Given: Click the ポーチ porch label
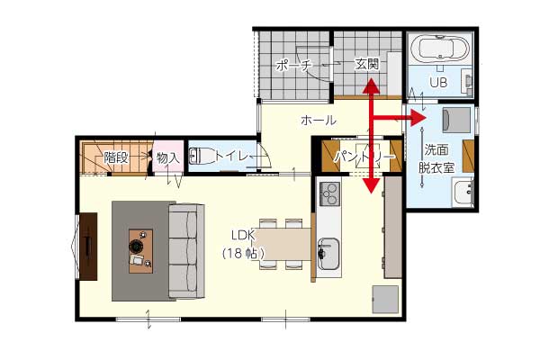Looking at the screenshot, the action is [294, 65].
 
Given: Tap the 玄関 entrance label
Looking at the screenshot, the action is [367, 64].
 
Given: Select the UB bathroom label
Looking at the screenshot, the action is [438, 82].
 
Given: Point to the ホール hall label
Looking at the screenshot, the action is [319, 121].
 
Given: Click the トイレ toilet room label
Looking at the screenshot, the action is [232, 157].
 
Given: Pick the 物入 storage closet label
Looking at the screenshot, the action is [168, 158].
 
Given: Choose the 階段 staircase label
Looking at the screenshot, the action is [116, 157].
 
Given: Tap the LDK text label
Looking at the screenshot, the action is [243, 235].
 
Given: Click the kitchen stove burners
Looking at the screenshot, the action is [329, 194].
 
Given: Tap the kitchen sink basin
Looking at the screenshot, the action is [328, 254].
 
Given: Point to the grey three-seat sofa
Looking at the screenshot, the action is [186, 251].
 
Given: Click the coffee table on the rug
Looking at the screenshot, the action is [141, 251].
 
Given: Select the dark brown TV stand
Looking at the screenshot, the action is [88, 247].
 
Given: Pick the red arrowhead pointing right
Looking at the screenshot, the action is [419, 118].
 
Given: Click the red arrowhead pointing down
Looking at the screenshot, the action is [371, 185].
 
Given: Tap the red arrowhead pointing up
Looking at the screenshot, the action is [371, 86].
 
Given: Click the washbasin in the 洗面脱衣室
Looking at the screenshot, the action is [463, 193].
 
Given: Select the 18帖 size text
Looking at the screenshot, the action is [243, 254].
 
